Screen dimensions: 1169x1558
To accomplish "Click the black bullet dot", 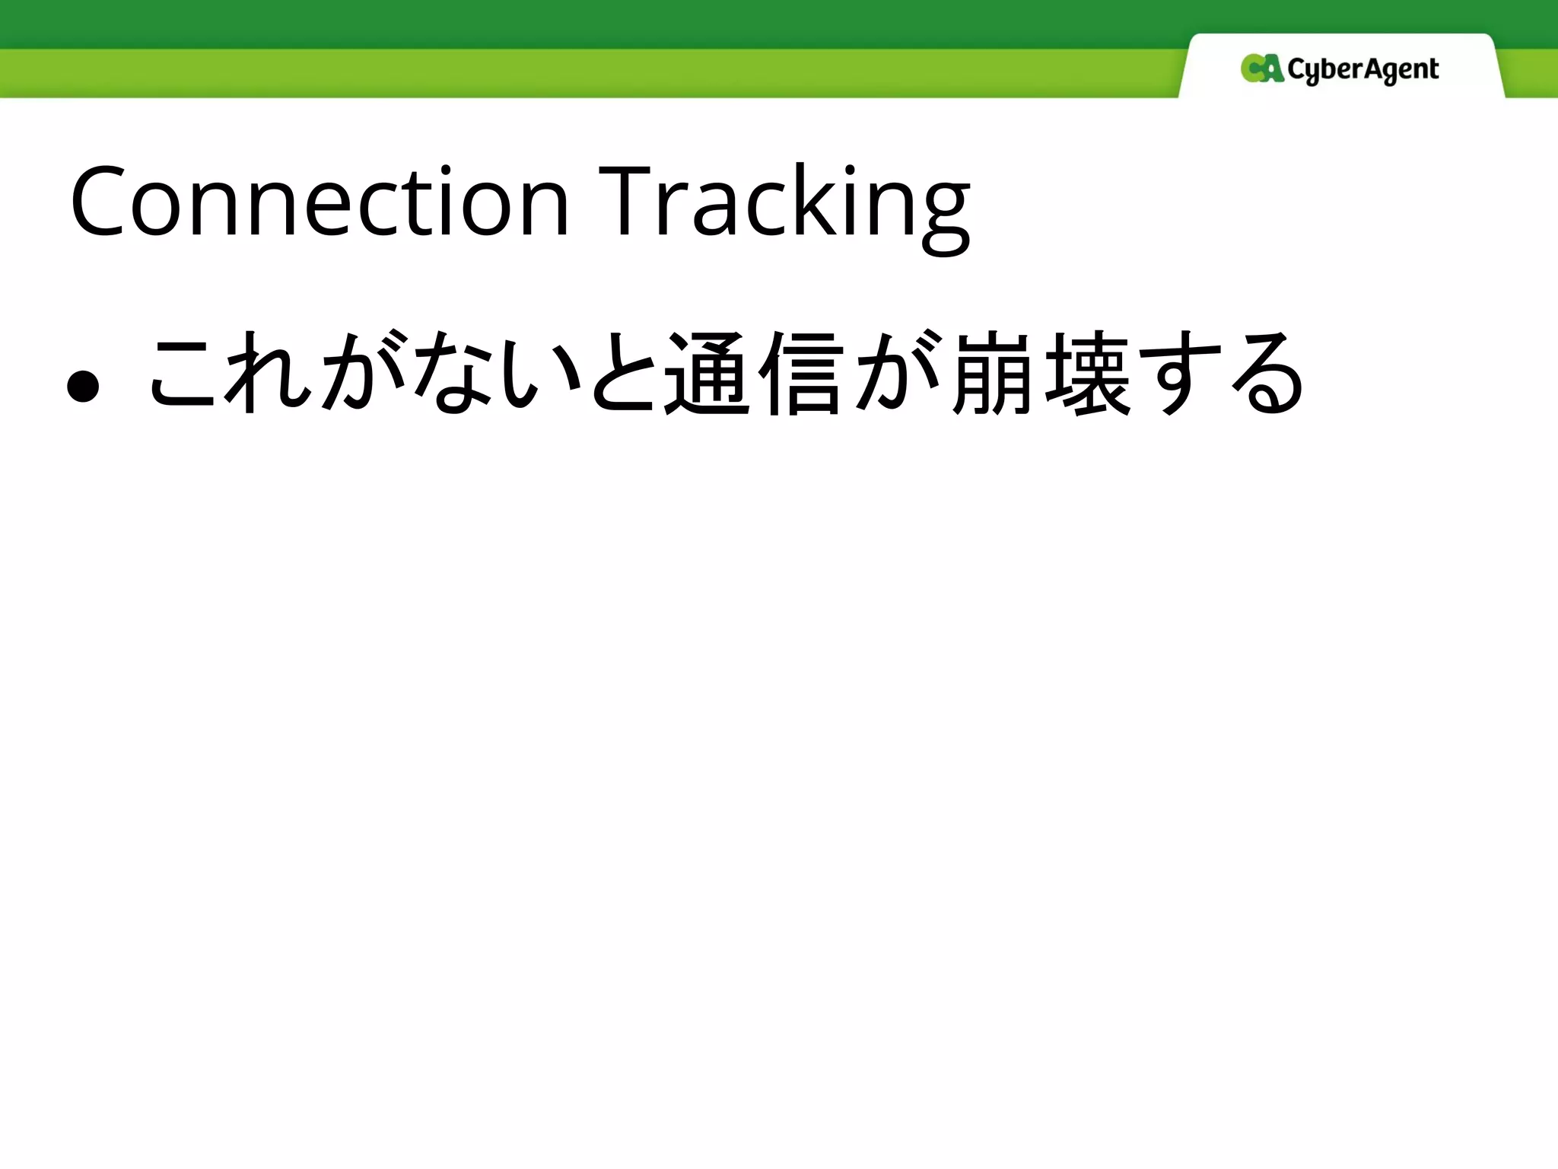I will pos(83,386).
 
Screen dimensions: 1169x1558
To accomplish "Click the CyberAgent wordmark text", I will pos(1362,71).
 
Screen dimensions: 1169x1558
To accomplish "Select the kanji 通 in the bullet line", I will pos(708,374).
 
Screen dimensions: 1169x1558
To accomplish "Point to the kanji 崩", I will pos(993,374).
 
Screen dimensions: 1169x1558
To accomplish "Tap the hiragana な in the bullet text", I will pos(449,374).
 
